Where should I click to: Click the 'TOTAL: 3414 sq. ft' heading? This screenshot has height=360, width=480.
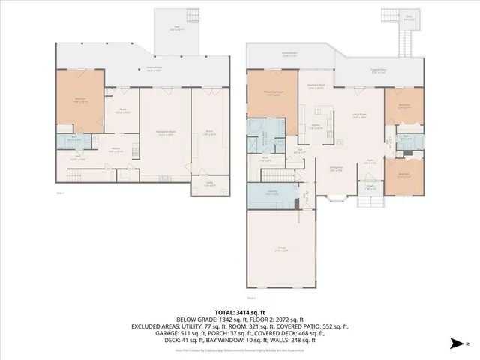239,310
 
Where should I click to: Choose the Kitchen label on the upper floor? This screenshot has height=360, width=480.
316,127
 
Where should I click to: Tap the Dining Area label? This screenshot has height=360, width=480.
337,169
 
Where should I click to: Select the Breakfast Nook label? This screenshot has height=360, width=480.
316,86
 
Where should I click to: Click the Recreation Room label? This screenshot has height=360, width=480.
166,133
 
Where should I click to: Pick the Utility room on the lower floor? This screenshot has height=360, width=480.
200,185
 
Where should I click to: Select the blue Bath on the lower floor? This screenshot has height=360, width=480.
73,139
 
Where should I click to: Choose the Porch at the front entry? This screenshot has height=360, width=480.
370,188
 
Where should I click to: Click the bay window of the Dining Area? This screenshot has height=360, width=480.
337,198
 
